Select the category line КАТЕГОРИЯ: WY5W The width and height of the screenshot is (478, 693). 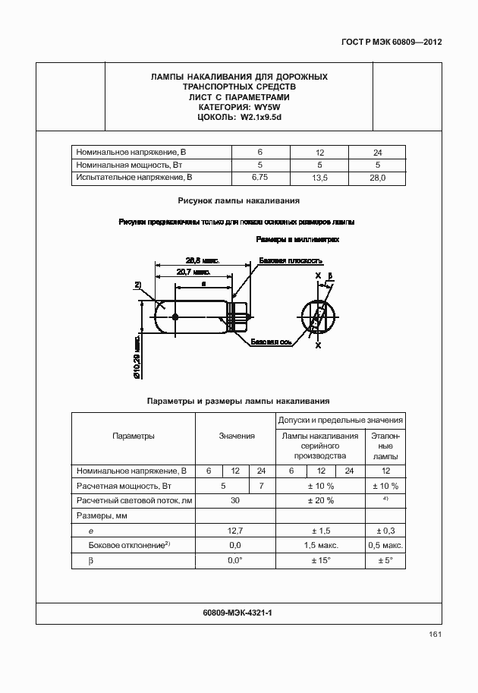pyautogui.click(x=239, y=107)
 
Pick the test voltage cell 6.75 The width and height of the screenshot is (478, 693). pyautogui.click(x=260, y=177)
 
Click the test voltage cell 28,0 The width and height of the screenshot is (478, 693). pyautogui.click(x=377, y=177)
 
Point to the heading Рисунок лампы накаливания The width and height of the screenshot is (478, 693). pyautogui.click(x=239, y=201)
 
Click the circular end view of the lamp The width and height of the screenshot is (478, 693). pyautogui.click(x=316, y=317)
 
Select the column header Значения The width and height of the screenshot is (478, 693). pyautogui.click(x=236, y=436)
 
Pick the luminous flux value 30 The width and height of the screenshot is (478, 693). pyautogui.click(x=235, y=500)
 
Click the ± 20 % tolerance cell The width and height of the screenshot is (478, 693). pyautogui.click(x=320, y=500)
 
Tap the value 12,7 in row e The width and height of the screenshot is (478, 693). pyautogui.click(x=235, y=531)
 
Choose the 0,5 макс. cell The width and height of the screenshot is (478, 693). pyautogui.click(x=385, y=545)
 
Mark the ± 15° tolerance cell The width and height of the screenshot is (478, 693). pyautogui.click(x=320, y=560)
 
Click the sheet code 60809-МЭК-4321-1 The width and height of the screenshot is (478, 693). pyautogui.click(x=237, y=612)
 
